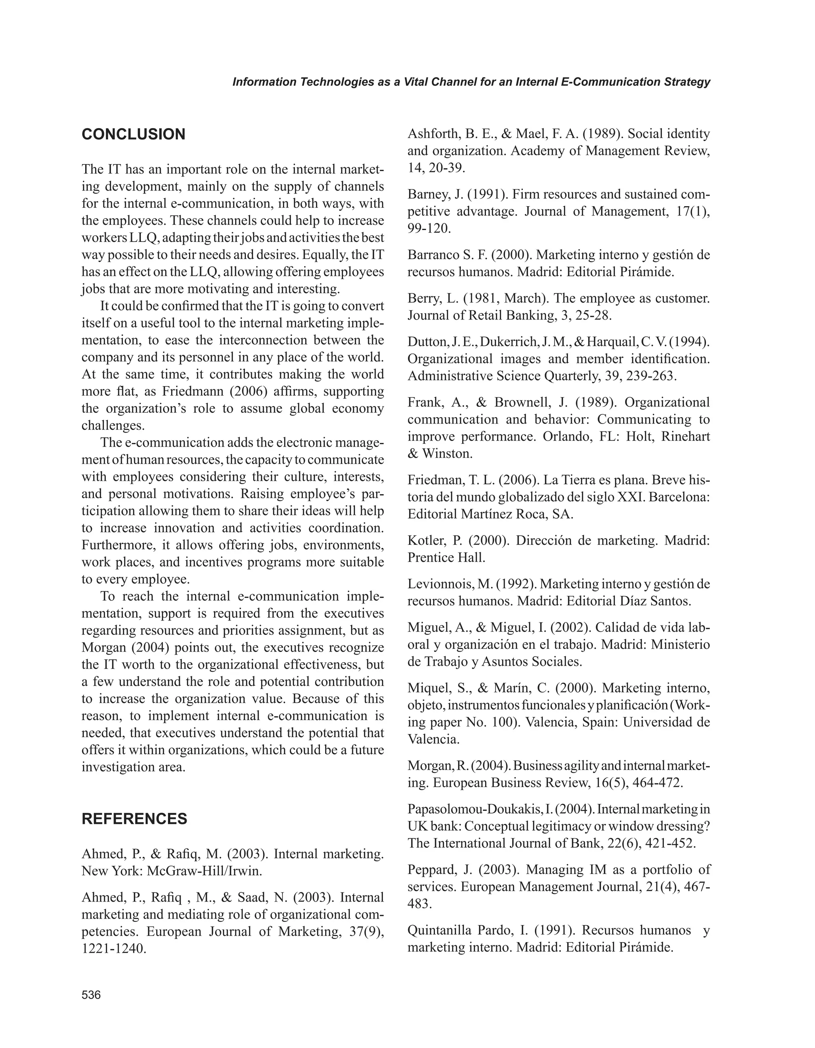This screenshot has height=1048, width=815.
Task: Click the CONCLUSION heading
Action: [133, 135]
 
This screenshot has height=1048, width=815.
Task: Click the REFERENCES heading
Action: [135, 819]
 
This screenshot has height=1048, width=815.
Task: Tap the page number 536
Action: [91, 995]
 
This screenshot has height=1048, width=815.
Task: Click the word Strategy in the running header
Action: [687, 82]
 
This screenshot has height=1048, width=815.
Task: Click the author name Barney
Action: [428, 194]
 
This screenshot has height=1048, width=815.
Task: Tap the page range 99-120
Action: [429, 228]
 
